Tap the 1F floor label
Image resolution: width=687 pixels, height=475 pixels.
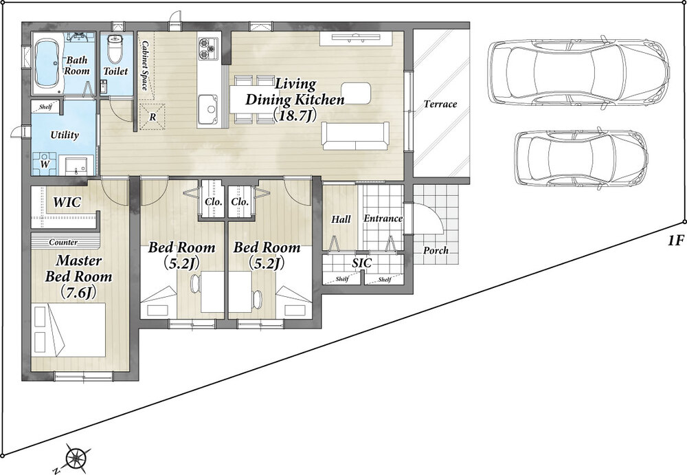[675, 241]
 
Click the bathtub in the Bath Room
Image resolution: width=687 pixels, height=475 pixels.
[47, 64]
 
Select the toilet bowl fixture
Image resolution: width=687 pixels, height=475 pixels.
[115, 48]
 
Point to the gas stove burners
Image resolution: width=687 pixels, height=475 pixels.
[207, 48]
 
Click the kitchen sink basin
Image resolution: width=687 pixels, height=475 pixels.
[207, 109]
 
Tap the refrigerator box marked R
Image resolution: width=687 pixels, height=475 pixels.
[153, 117]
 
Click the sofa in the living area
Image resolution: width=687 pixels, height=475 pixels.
[355, 136]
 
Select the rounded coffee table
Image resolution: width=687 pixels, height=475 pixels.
[356, 93]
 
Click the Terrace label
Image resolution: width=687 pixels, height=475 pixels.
[440, 104]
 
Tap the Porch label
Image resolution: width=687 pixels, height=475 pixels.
[436, 250]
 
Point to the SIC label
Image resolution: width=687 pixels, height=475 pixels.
[362, 263]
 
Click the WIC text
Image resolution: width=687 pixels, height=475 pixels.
[67, 203]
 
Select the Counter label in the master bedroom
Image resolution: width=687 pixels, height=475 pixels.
[63, 242]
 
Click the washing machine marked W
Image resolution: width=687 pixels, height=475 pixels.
[44, 163]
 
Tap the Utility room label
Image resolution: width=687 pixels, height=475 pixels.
[65, 135]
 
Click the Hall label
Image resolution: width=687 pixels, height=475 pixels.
[341, 219]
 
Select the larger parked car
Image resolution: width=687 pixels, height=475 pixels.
[578, 72]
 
